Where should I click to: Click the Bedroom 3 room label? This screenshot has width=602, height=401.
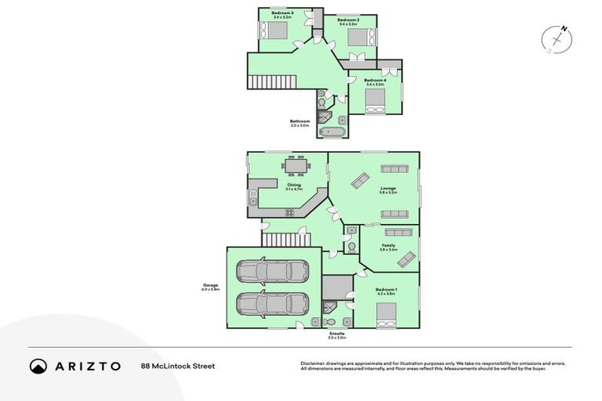[x=282, y=13]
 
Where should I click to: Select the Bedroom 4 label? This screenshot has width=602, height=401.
[x=375, y=80]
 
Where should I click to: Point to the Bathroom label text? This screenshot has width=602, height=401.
[x=299, y=121]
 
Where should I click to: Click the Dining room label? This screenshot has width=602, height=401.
[x=293, y=186]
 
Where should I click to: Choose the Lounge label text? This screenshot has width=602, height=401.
[x=387, y=188]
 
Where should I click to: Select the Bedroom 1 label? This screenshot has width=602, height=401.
[x=386, y=290]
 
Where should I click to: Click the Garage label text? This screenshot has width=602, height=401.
[x=210, y=285]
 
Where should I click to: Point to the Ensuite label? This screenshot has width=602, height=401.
[x=336, y=334]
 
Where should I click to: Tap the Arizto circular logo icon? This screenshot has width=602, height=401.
[x=38, y=366]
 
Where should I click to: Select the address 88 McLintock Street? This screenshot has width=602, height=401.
[x=177, y=366]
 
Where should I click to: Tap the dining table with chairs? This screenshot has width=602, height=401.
[x=294, y=165]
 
